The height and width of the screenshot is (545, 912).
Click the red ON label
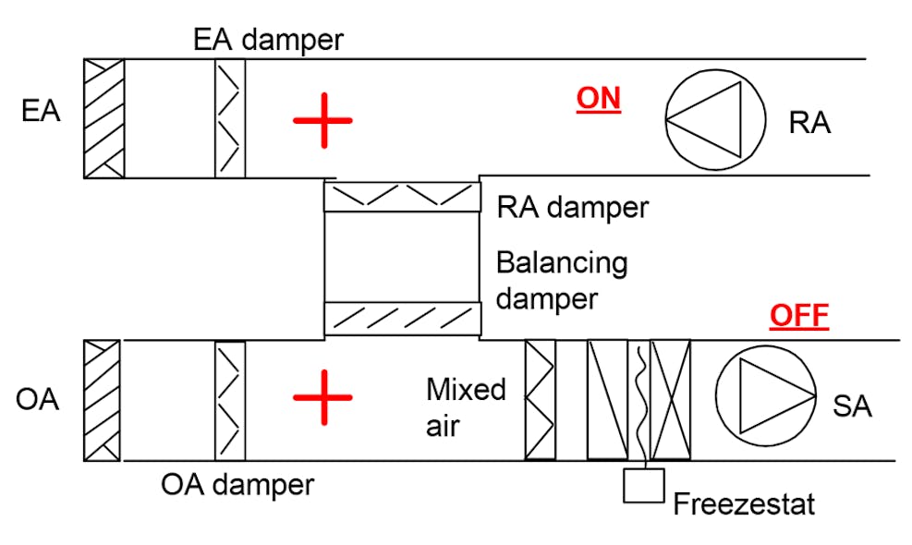[x=598, y=99]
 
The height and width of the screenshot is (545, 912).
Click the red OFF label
[x=799, y=317]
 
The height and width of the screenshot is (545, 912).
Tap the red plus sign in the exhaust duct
[x=322, y=120]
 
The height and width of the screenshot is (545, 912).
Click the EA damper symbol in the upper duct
[x=230, y=118]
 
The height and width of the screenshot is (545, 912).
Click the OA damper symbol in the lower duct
[x=230, y=400]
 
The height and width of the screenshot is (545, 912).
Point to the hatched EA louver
[x=103, y=118]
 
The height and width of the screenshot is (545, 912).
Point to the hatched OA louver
[x=102, y=400]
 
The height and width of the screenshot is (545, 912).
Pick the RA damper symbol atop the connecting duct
[x=402, y=197]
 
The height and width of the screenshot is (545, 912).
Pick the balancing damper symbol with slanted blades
[x=402, y=318]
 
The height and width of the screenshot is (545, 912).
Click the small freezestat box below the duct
[x=644, y=486]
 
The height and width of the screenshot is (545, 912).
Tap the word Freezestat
[x=744, y=505]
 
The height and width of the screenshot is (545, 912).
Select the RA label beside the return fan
[x=809, y=123]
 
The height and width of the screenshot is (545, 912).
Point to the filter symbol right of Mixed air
[x=541, y=400]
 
